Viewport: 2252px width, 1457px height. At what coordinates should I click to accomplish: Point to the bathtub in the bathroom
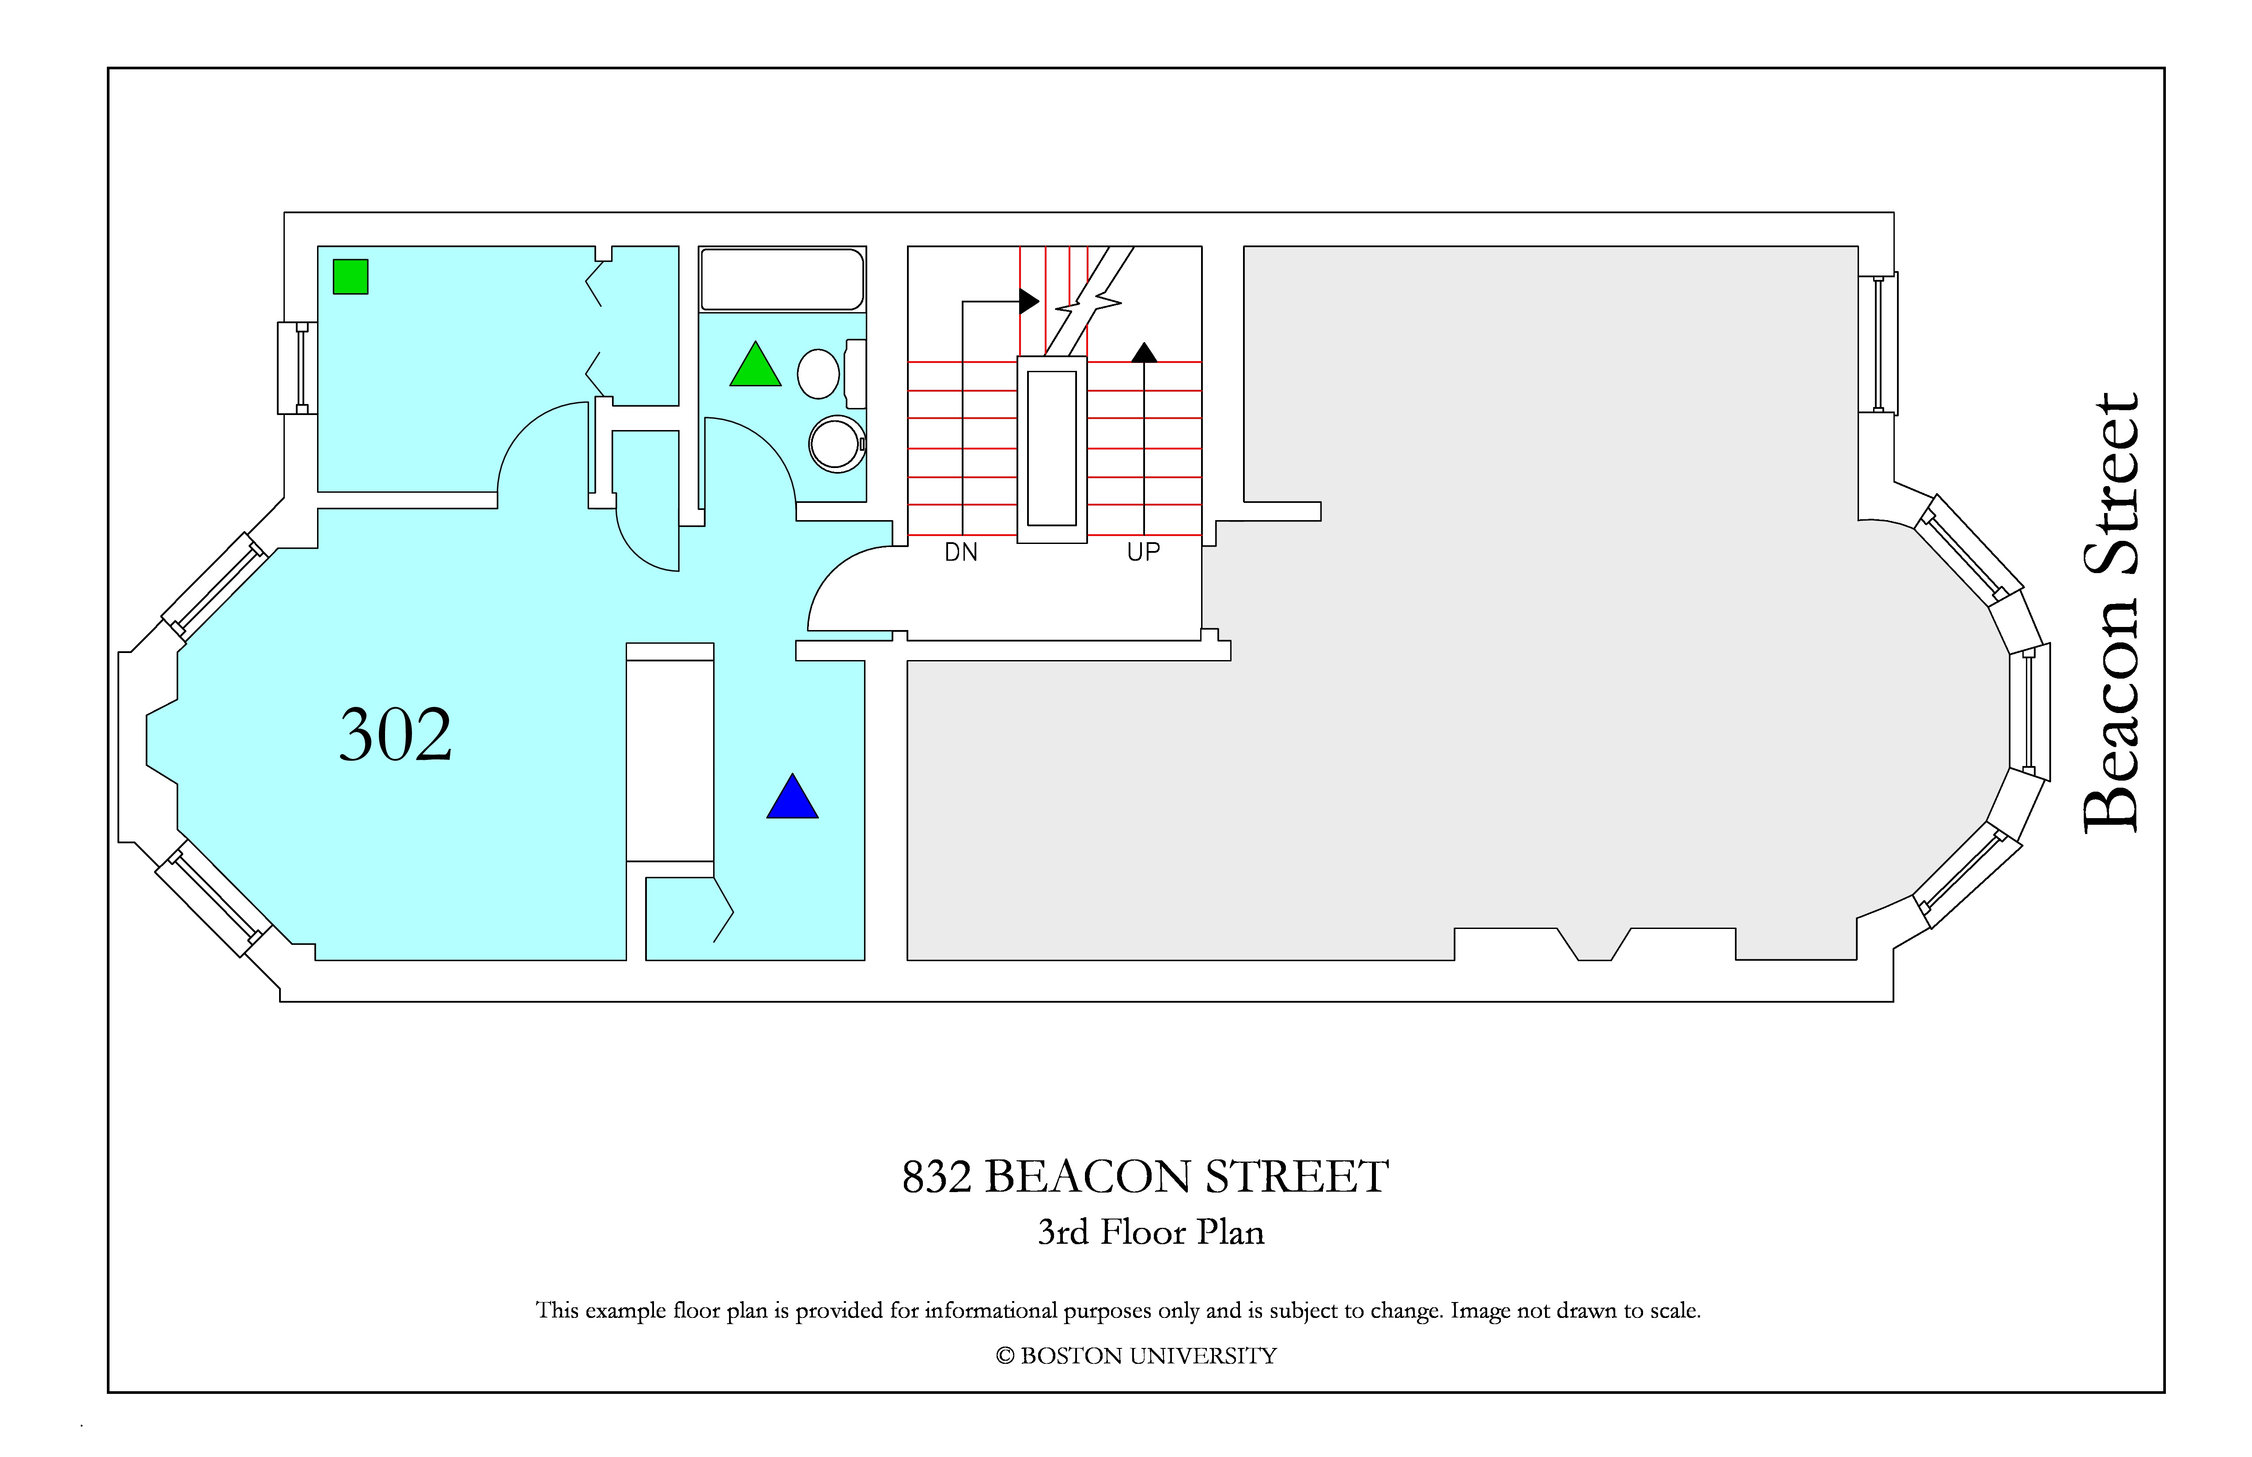point(782,279)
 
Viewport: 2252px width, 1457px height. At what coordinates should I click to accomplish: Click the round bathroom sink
point(836,444)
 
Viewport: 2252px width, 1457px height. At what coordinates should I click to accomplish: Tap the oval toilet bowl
point(819,374)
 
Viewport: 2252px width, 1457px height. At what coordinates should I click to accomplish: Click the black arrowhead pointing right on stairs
point(1028,302)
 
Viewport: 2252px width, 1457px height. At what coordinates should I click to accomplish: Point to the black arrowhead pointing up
point(1144,353)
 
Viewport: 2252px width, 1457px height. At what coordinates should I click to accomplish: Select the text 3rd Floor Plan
point(1151,1232)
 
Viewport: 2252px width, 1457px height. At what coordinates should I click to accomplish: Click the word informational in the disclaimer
point(991,1310)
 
